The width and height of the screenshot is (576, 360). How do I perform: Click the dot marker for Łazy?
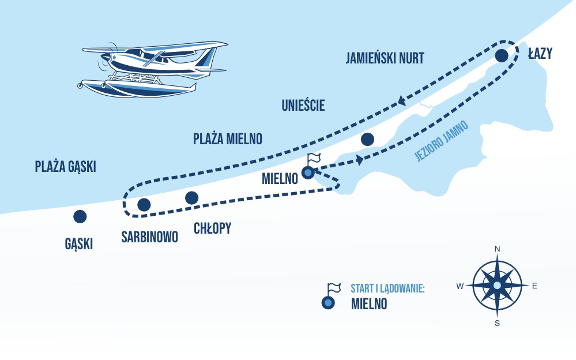[x=502, y=55]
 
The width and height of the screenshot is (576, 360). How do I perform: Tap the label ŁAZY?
[x=540, y=54]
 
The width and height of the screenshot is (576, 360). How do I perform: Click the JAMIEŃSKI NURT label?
[x=385, y=58]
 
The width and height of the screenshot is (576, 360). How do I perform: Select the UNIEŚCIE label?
[x=303, y=106]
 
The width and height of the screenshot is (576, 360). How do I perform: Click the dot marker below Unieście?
[x=367, y=139]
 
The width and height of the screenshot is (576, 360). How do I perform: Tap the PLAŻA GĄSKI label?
[x=65, y=167]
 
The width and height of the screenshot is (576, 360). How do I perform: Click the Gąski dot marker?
[x=80, y=216]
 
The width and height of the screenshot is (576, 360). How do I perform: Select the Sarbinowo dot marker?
[x=144, y=204]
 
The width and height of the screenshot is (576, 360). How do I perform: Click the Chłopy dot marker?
[x=192, y=198]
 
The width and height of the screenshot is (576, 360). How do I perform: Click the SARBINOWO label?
[x=150, y=237]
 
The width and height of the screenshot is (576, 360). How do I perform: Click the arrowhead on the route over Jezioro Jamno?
[x=359, y=160]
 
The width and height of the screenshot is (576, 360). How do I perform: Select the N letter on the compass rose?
[x=497, y=249]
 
